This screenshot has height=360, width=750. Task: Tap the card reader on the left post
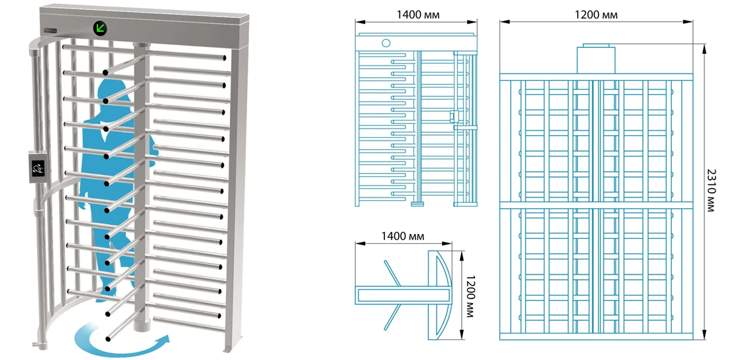[x=38, y=167]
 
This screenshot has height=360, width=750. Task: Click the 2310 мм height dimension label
[x=711, y=190]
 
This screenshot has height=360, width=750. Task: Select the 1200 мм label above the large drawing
[x=596, y=15]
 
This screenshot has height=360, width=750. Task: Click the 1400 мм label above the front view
[x=417, y=15]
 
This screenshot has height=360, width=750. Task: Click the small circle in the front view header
[x=386, y=43]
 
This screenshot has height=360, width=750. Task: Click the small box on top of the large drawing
[x=596, y=58]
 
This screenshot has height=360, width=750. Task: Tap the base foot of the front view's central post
[x=417, y=204]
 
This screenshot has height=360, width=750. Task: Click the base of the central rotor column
[x=139, y=328]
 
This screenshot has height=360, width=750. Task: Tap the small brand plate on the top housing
[x=51, y=30]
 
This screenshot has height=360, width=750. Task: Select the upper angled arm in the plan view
[x=392, y=273]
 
